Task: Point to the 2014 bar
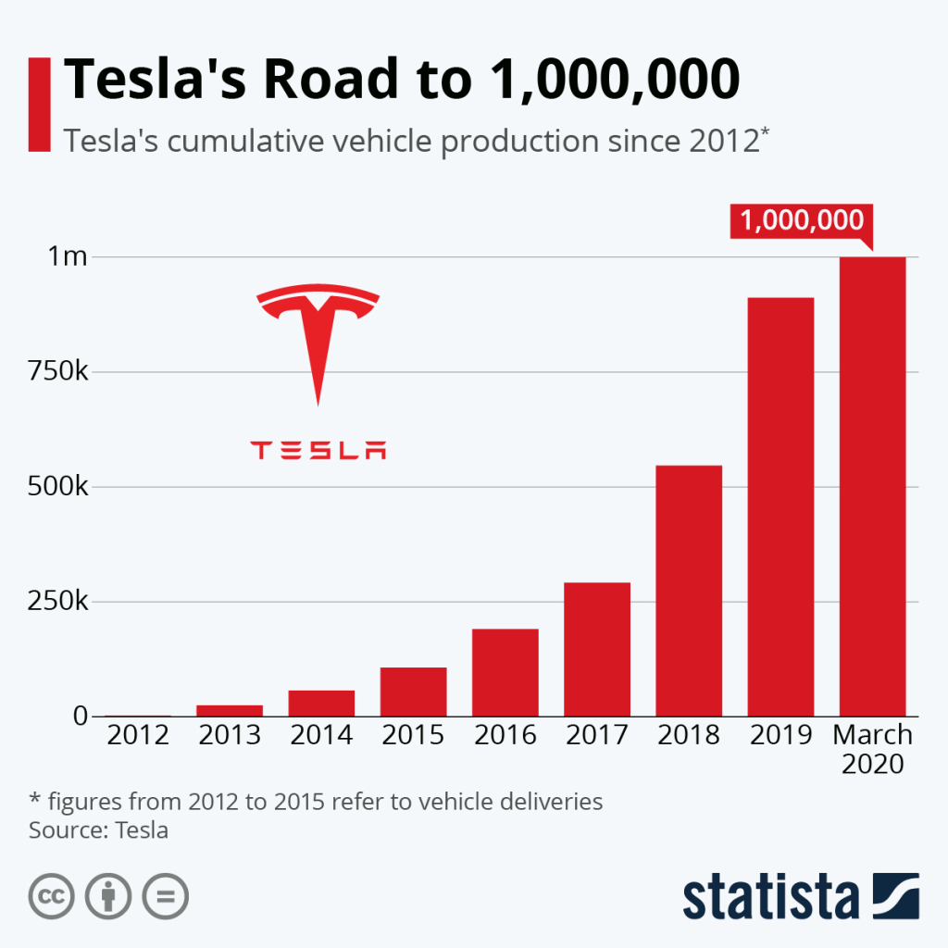[x=321, y=703]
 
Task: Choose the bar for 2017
[x=596, y=649]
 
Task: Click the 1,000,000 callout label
[x=801, y=220]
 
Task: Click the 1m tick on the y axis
[x=68, y=257]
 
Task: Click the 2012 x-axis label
[x=137, y=736]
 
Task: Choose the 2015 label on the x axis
[x=413, y=736]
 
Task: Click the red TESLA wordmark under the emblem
[x=318, y=451]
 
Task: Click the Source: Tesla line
[x=98, y=829]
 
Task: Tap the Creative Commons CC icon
[x=52, y=895]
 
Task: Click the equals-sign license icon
[x=165, y=895]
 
